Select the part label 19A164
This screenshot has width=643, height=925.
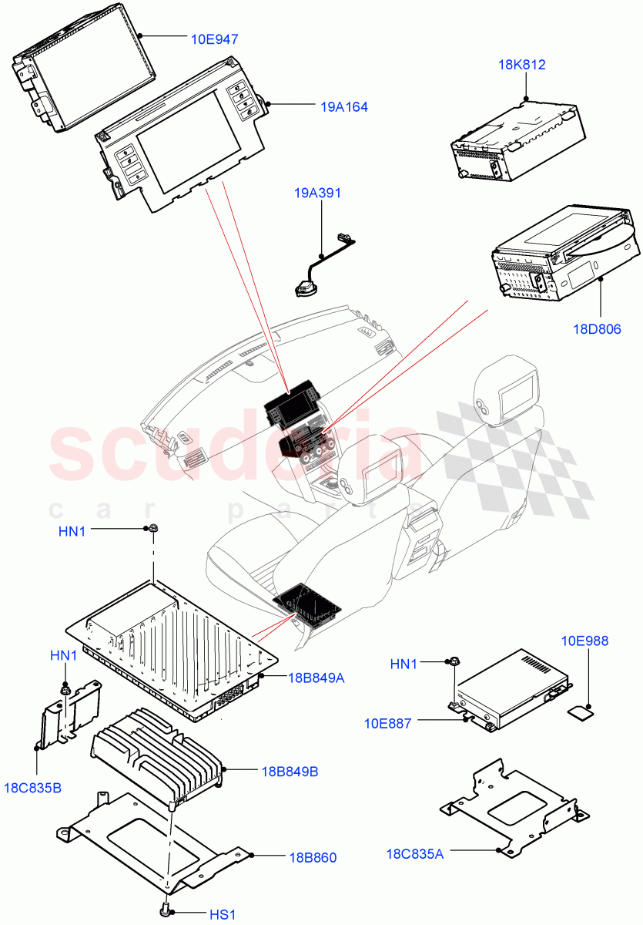point(344,107)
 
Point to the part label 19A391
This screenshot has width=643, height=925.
point(317,193)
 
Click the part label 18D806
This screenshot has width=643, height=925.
point(597,329)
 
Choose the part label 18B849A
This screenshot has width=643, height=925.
point(317,678)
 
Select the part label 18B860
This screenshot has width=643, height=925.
point(313,857)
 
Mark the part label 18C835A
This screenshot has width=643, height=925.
point(415,853)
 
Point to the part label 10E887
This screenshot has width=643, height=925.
point(388,723)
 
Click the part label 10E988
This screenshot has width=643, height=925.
point(584,641)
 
